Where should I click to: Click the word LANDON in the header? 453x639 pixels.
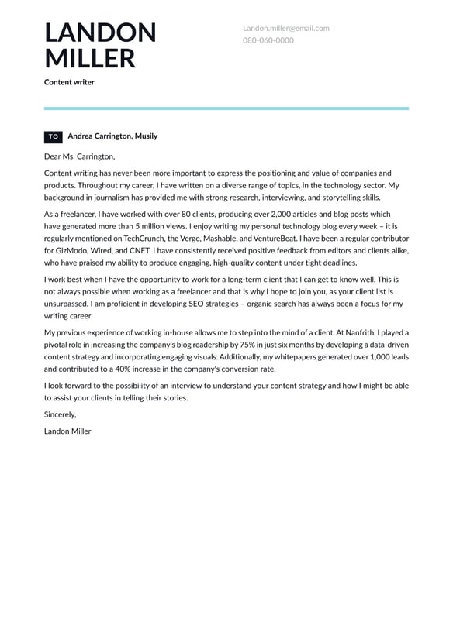(100, 33)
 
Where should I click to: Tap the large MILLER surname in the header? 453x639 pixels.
(90, 59)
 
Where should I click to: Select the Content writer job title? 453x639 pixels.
(69, 82)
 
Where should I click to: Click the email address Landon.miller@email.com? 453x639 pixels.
(285, 28)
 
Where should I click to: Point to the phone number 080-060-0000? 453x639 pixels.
(268, 40)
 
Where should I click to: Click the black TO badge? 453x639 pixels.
(53, 136)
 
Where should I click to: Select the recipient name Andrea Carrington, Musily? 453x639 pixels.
(112, 136)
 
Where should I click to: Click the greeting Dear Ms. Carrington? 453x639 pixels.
(79, 156)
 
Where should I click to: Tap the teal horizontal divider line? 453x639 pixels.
(226, 108)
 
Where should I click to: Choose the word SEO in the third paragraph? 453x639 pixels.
(185, 304)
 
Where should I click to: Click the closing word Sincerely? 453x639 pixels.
(60, 414)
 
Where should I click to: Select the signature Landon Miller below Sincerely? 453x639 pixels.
(67, 431)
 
